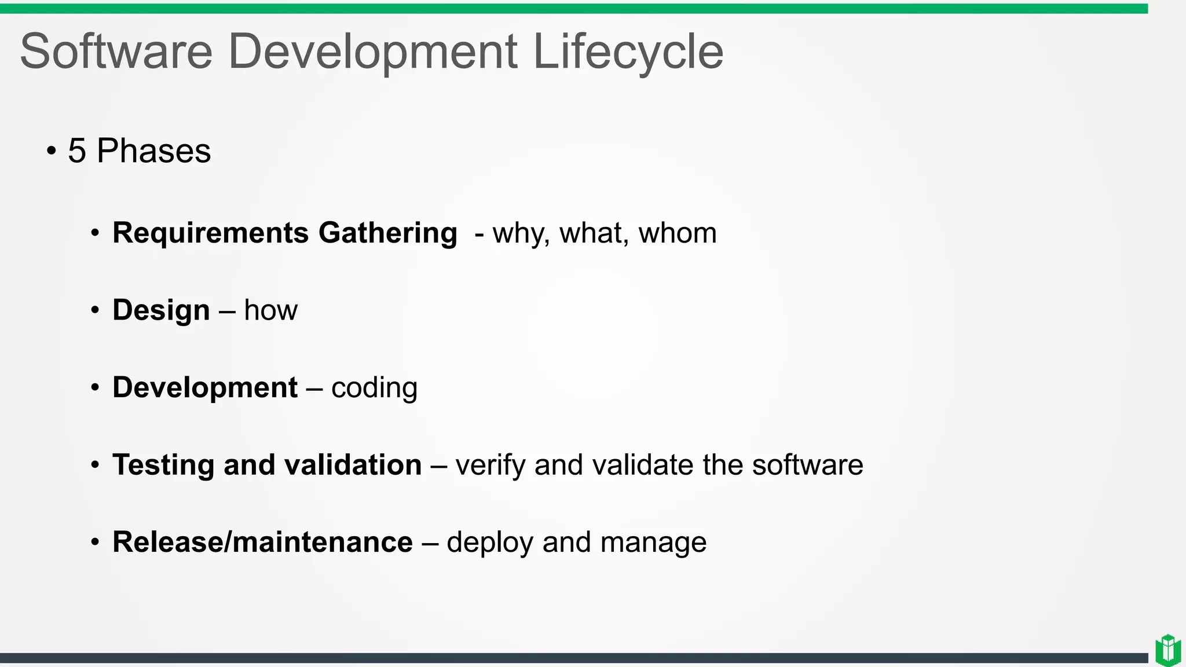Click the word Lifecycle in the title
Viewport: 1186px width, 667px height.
pyautogui.click(x=628, y=52)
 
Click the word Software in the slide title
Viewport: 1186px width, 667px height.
pyautogui.click(x=116, y=52)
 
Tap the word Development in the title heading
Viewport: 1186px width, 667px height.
pyautogui.click(x=372, y=52)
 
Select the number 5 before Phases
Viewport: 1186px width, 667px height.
pyautogui.click(x=77, y=151)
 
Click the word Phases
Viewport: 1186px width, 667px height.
pyautogui.click(x=153, y=151)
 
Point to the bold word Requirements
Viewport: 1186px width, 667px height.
pyautogui.click(x=210, y=233)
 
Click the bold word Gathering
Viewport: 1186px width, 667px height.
pyautogui.click(x=388, y=233)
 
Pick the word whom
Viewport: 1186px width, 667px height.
pyautogui.click(x=677, y=233)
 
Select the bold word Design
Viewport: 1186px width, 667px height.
pyautogui.click(x=161, y=310)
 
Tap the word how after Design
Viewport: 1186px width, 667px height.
pyautogui.click(x=270, y=310)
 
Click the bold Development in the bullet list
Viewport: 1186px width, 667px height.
pyautogui.click(x=205, y=387)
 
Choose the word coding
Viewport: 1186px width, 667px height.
pyautogui.click(x=374, y=388)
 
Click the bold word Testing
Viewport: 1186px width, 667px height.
pyautogui.click(x=163, y=466)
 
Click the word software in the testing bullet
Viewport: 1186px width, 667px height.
pyautogui.click(x=807, y=465)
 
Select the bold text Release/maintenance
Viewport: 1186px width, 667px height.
pyautogui.click(x=262, y=543)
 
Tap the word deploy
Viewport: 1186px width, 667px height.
pyautogui.click(x=490, y=543)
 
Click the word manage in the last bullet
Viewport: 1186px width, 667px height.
pyautogui.click(x=653, y=543)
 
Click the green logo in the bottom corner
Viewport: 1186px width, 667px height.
pyautogui.click(x=1168, y=650)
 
